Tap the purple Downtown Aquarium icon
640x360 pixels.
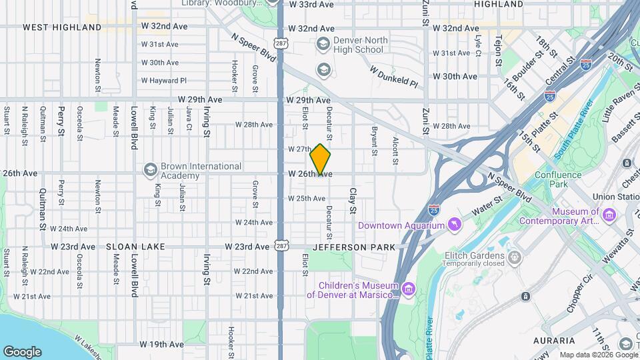click(x=455, y=223)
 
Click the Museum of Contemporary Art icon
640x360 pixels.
click(x=609, y=215)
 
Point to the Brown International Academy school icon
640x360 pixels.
click(x=149, y=170)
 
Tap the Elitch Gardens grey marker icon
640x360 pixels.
click(x=515, y=257)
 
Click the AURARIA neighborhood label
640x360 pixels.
click(x=555, y=341)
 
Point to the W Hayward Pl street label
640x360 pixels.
click(x=164, y=81)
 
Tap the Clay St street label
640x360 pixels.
click(x=353, y=201)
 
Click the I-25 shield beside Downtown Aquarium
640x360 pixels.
click(x=434, y=210)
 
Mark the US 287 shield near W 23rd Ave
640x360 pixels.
click(x=281, y=247)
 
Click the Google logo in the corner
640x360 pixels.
click(x=22, y=351)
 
